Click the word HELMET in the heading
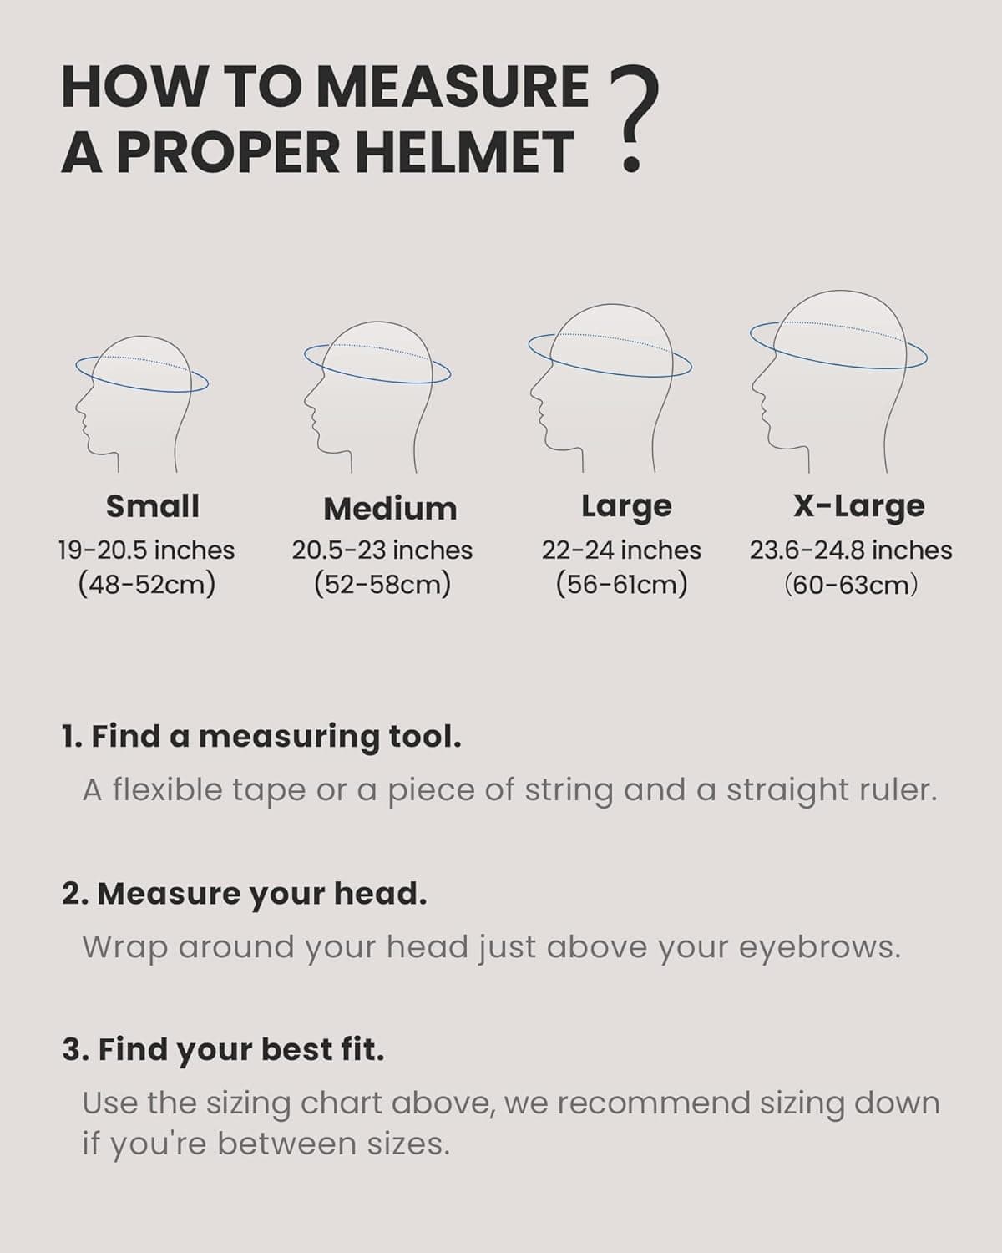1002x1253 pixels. click(468, 153)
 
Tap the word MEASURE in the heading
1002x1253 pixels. click(455, 87)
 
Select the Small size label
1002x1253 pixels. click(153, 506)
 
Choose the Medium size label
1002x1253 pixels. click(390, 508)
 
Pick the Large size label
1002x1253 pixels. click(626, 506)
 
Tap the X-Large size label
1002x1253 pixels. click(858, 506)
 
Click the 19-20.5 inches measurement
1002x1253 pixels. click(146, 550)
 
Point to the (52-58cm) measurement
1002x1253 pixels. click(382, 584)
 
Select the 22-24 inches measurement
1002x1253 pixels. click(621, 550)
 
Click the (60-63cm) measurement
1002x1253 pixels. click(851, 584)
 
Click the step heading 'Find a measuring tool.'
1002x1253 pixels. click(261, 737)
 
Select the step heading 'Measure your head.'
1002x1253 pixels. click(245, 894)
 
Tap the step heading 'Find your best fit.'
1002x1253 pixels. click(223, 1050)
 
